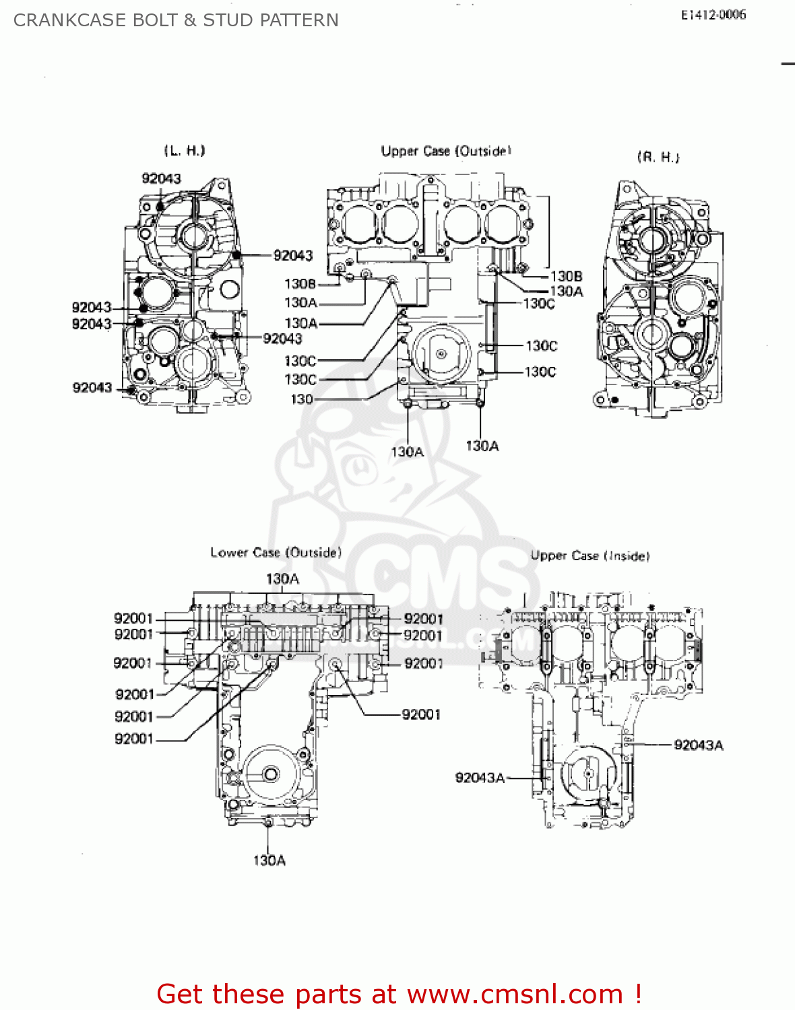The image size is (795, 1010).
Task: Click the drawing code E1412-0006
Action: tap(713, 15)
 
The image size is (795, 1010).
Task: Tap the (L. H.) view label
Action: tap(185, 150)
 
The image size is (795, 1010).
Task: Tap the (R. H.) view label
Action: tap(658, 157)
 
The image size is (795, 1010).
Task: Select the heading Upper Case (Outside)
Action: tap(446, 151)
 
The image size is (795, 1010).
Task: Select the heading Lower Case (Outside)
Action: tap(276, 552)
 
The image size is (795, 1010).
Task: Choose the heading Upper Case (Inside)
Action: tap(590, 555)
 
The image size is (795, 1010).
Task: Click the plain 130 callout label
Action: tap(301, 399)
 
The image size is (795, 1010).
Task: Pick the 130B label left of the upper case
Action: tap(300, 283)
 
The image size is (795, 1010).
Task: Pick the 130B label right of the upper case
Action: tap(566, 276)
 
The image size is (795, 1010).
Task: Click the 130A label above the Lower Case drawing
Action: tap(282, 578)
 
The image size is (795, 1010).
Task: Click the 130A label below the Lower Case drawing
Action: tap(269, 860)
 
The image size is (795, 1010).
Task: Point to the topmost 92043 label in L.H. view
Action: tap(161, 178)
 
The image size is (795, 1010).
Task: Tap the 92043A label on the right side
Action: tap(698, 745)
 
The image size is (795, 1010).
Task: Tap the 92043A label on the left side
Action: tap(480, 778)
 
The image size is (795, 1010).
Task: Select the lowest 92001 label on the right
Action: tap(421, 714)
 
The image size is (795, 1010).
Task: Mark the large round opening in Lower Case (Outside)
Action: tap(271, 774)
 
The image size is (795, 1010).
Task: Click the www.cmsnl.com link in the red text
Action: tap(515, 994)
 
